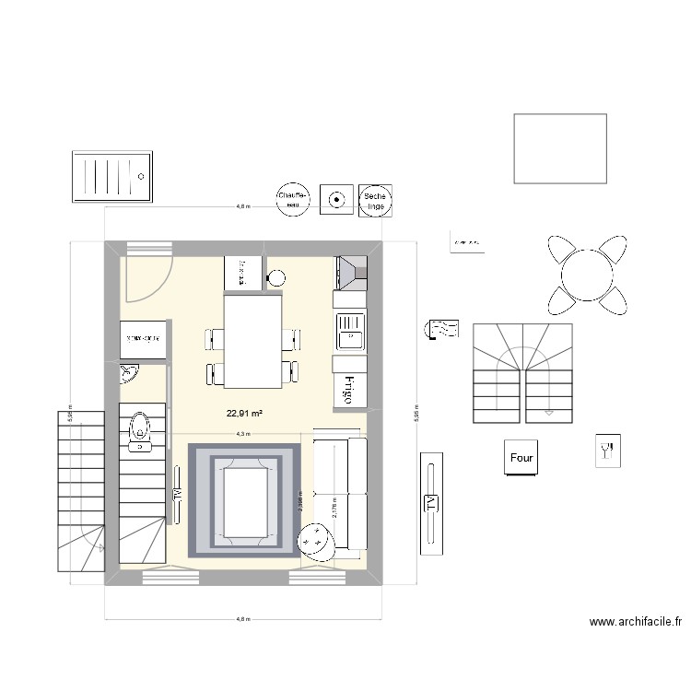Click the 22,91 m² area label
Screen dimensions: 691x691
click(244, 414)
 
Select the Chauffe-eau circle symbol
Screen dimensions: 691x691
click(293, 199)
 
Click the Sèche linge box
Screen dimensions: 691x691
click(375, 199)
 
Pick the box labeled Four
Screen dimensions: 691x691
click(521, 457)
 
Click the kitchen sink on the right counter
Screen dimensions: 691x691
click(350, 332)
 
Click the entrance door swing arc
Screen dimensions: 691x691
click(147, 276)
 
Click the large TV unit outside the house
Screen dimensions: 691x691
click(430, 503)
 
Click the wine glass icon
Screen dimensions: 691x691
click(606, 451)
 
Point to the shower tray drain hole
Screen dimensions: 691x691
click(142, 175)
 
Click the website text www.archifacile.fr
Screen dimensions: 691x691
click(635, 624)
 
